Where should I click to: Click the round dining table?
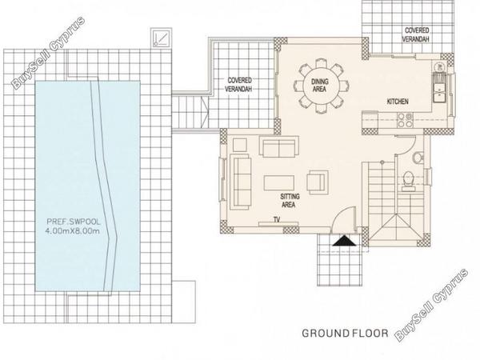(x=321, y=86)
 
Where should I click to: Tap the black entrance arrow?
(x=344, y=241)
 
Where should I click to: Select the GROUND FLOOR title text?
(x=345, y=333)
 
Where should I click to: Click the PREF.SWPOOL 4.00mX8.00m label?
(x=73, y=226)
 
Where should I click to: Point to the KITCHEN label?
(x=398, y=102)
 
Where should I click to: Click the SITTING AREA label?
(x=290, y=201)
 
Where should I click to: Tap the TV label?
(x=277, y=219)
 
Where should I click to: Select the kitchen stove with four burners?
(x=405, y=120)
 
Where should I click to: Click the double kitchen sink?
(x=439, y=87)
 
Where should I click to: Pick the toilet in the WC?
(x=408, y=182)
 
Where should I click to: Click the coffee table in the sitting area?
(x=279, y=183)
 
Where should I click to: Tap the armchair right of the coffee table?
(x=318, y=182)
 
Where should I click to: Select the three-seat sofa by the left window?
(x=240, y=182)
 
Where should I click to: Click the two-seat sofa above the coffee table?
(x=279, y=146)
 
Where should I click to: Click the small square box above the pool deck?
(x=161, y=38)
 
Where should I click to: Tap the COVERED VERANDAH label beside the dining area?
(x=239, y=85)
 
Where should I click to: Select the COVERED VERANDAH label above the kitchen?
(x=416, y=35)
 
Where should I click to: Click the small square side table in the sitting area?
(x=240, y=145)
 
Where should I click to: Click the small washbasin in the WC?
(x=418, y=158)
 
